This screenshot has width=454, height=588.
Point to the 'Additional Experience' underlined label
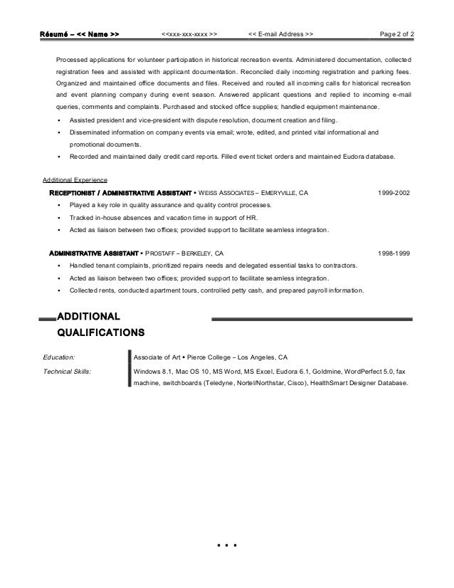click(75, 180)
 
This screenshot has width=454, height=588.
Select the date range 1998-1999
click(393, 253)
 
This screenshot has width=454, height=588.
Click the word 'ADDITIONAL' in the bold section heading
click(88, 315)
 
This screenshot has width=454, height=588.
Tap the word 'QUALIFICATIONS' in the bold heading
click(100, 332)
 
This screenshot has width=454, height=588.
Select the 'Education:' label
click(59, 358)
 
